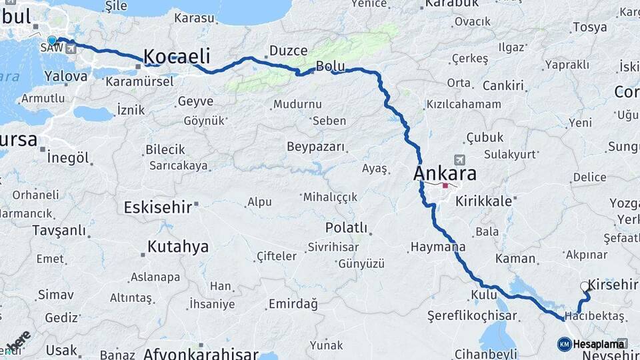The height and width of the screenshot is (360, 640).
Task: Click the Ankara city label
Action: pos(446,174)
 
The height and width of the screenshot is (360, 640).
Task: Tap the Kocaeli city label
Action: pos(177,56)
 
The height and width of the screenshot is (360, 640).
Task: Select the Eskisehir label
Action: pos(158,207)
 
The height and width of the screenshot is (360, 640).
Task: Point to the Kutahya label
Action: pos(177,247)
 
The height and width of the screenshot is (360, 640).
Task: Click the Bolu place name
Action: pos(330,66)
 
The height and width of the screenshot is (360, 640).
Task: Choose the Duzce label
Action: pos(288,51)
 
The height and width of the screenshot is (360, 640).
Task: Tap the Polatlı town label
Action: pos(346,228)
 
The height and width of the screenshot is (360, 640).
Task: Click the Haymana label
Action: pos(437,247)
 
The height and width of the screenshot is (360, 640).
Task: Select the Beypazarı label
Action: pos(315,147)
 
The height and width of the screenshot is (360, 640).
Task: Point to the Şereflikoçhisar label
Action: pos(473,314)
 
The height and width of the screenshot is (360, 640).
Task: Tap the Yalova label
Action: pos(66,76)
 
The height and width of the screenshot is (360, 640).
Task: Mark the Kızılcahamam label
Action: pos(463,105)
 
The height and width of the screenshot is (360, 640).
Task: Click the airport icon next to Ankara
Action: pos(459,160)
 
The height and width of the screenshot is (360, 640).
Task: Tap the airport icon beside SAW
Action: pos(71,49)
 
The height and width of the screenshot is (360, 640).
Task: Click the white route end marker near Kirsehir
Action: pos(585,287)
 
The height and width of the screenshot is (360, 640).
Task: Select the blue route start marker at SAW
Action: pos(52,41)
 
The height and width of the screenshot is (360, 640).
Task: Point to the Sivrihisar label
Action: pos(333,247)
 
